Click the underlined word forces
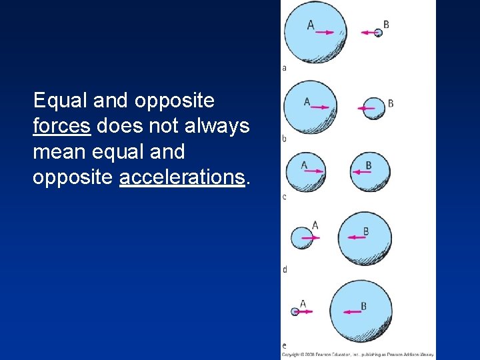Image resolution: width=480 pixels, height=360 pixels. click(61, 126)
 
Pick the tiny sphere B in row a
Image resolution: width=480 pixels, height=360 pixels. click(378, 33)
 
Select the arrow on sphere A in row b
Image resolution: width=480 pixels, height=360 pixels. click(319, 107)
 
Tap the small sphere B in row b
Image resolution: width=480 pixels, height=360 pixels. click(374, 107)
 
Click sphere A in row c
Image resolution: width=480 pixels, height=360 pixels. click(305, 171)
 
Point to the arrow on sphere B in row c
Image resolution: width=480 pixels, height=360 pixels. click(361, 172)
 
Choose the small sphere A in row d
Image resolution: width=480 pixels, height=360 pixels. click(302, 237)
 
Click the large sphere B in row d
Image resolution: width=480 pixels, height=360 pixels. click(364, 238)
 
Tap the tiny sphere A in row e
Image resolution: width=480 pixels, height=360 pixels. click(295, 311)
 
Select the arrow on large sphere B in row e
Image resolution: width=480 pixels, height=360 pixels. click(351, 311)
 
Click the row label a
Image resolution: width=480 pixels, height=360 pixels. click(285, 68)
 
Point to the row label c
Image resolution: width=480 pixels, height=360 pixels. click(285, 197)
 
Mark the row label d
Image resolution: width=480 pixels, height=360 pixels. click(285, 269)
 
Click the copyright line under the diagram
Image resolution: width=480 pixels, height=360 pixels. click(357, 355)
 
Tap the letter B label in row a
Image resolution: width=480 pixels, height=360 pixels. click(386, 25)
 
